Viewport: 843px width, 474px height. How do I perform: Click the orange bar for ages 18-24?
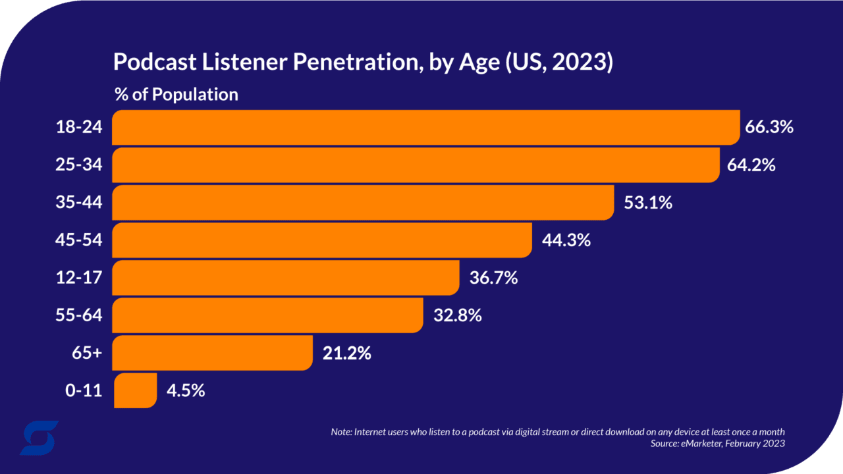(425, 127)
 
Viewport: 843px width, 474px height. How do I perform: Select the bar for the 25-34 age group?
(415, 165)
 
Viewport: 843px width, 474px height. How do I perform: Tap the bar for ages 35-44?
(363, 203)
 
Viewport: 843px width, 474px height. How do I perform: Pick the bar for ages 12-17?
(285, 278)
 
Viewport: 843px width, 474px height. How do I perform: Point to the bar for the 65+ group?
(212, 353)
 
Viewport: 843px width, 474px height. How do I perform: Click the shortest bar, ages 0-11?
(135, 390)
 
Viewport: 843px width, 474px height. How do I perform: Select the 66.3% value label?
(769, 127)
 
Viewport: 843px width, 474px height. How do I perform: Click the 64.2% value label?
(751, 165)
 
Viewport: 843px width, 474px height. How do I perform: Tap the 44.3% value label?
(566, 240)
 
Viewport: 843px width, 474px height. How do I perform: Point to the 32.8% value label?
(457, 315)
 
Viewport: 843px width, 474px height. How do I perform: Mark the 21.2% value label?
(346, 353)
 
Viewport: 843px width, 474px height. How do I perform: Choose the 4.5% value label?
(185, 390)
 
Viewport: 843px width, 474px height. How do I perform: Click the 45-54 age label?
(79, 240)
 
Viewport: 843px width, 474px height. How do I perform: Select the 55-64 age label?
(79, 315)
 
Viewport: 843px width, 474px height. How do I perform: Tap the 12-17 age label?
(79, 278)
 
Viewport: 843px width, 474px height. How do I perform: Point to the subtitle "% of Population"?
(176, 94)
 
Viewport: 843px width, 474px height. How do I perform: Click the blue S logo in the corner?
(39, 438)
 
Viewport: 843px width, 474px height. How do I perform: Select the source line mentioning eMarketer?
(717, 444)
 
